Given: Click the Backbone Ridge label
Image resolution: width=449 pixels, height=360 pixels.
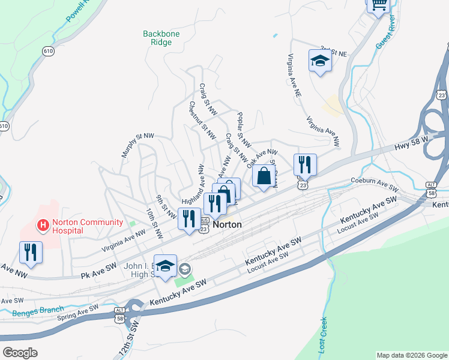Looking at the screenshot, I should (x=161, y=38).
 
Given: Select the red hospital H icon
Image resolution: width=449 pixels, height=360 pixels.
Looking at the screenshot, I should (x=43, y=226).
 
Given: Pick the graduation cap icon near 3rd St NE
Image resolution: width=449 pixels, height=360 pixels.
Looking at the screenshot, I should (x=320, y=61).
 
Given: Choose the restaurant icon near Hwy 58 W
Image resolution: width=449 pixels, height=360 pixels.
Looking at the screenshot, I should (x=305, y=164).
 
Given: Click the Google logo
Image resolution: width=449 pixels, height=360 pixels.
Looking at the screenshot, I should (x=20, y=353).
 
